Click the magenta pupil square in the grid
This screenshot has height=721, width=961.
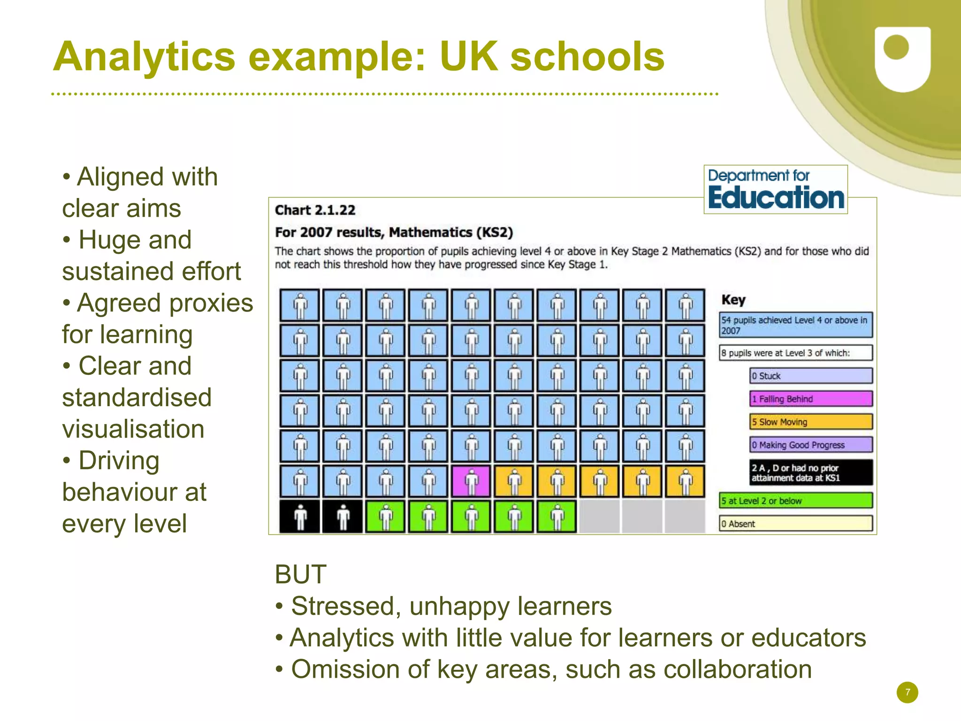pyautogui.click(x=471, y=481)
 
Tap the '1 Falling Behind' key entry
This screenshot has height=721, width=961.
pyautogui.click(x=810, y=399)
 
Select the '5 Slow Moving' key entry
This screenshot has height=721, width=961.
pyautogui.click(x=810, y=422)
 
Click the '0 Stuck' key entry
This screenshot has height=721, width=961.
pyautogui.click(x=810, y=376)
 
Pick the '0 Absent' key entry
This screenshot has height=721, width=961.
pyautogui.click(x=795, y=524)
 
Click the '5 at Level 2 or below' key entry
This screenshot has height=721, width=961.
pyautogui.click(x=795, y=501)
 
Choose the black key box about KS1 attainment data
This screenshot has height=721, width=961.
pyautogui.click(x=810, y=472)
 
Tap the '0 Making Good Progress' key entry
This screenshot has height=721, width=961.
pyautogui.click(x=810, y=445)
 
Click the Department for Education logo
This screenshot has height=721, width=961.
pyautogui.click(x=775, y=190)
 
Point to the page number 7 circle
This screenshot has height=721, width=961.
pyautogui.click(x=907, y=692)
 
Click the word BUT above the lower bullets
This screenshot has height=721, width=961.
pyautogui.click(x=300, y=574)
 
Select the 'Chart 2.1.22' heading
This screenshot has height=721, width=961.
pyautogui.click(x=315, y=210)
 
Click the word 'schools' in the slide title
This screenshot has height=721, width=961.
pyautogui.click(x=587, y=57)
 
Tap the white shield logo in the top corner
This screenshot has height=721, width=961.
pyautogui.click(x=902, y=59)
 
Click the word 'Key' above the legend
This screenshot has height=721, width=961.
pyautogui.click(x=733, y=300)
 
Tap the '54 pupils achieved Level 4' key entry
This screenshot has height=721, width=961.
pyautogui.click(x=795, y=325)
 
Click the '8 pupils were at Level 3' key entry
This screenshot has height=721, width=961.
pyautogui.click(x=795, y=353)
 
